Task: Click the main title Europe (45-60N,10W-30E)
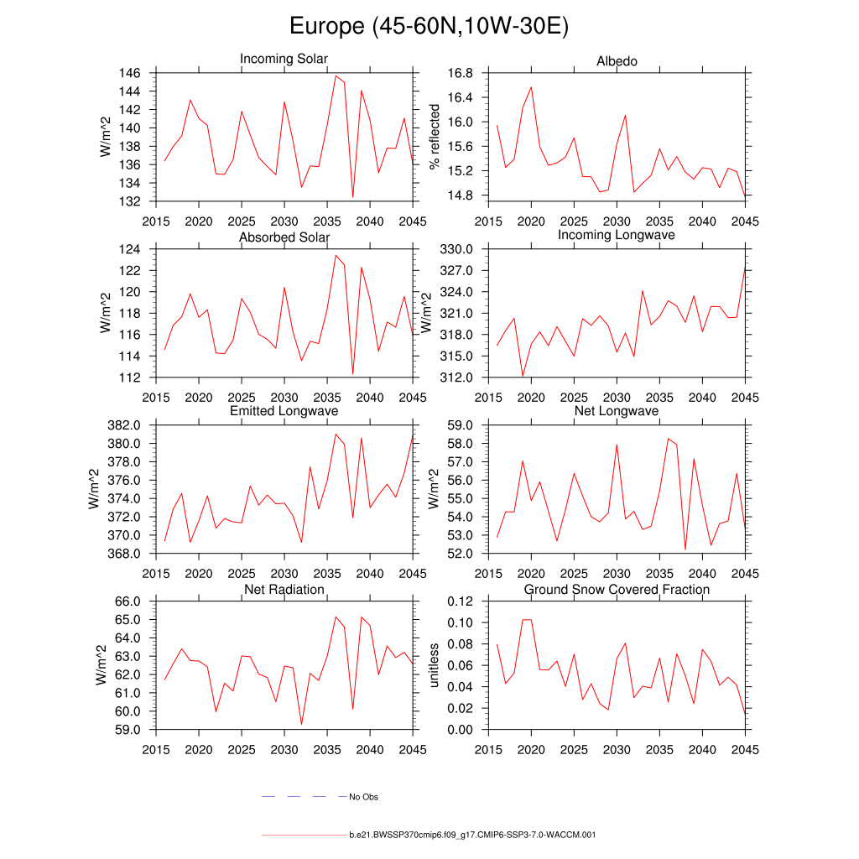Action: click(x=429, y=27)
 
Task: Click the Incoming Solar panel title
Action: click(x=284, y=59)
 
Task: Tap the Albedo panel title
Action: click(x=617, y=61)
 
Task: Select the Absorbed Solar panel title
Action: click(x=284, y=238)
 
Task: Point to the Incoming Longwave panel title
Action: click(x=617, y=235)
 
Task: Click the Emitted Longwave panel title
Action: click(x=284, y=411)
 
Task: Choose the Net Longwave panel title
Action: click(x=617, y=411)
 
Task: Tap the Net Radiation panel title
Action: click(x=284, y=590)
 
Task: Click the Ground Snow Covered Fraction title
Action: click(x=617, y=590)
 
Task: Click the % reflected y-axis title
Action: click(x=435, y=137)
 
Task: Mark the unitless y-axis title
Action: click(x=435, y=665)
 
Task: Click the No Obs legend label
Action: click(x=364, y=797)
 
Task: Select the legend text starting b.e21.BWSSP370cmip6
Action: click(x=472, y=836)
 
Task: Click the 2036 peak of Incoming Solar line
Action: click(x=336, y=76)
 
